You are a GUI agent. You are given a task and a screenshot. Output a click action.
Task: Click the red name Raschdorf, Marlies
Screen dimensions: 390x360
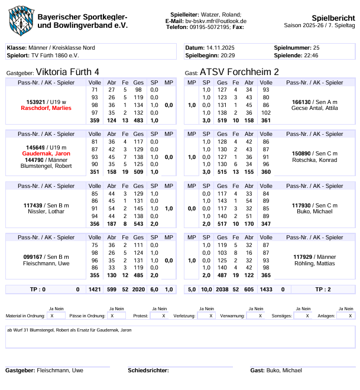[x=46, y=108]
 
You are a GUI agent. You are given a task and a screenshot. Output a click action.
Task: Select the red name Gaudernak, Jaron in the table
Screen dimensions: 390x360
[x=46, y=153]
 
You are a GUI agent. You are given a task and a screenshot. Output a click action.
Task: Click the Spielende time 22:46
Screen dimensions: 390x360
[x=311, y=55]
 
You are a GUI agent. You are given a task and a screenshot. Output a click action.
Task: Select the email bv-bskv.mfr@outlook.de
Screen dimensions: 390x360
[x=216, y=21]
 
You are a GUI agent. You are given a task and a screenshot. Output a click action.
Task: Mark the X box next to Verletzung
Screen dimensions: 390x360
[x=206, y=316]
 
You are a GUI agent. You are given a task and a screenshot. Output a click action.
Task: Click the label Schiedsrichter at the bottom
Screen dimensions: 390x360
[x=147, y=370]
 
